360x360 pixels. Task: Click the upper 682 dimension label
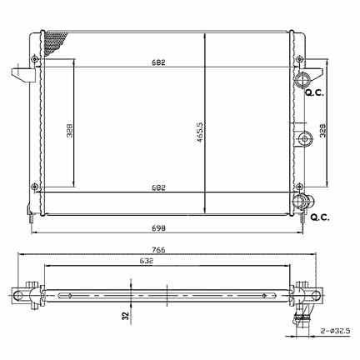click(x=158, y=62)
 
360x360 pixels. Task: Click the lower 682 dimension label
click(x=158, y=187)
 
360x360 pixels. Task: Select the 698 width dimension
click(x=158, y=228)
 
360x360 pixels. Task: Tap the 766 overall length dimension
click(x=158, y=250)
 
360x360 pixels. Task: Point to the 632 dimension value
click(x=147, y=262)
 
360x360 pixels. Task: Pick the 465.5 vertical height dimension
click(x=200, y=132)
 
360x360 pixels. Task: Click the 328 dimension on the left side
click(x=69, y=129)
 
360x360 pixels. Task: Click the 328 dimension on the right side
click(x=322, y=130)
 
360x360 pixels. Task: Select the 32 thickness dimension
click(x=126, y=316)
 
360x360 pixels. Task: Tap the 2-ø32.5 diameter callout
click(x=335, y=331)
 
